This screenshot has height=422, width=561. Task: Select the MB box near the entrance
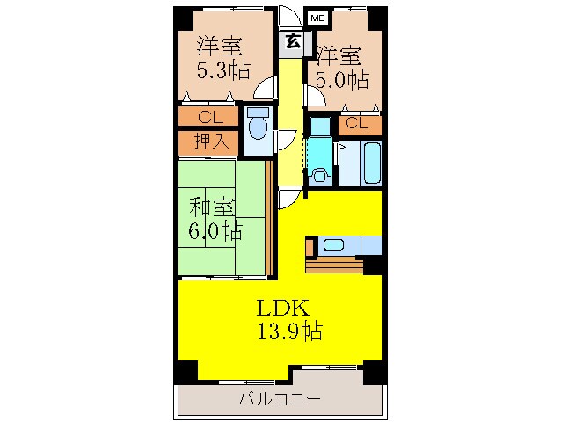click(316, 18)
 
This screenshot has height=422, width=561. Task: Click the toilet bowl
click(257, 128)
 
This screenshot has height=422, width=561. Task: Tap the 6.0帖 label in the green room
click(214, 232)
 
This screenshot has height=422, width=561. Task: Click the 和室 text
click(213, 209)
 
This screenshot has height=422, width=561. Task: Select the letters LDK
click(281, 309)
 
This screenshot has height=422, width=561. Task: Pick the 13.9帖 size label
click(288, 331)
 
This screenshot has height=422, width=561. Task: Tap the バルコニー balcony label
click(280, 400)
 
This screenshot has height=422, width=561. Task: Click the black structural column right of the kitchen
click(373, 263)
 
